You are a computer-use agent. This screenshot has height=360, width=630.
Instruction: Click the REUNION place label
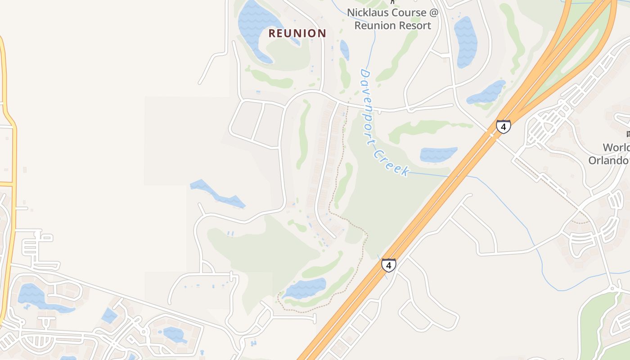(x=297, y=33)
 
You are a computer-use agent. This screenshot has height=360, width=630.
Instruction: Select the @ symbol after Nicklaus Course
(x=433, y=12)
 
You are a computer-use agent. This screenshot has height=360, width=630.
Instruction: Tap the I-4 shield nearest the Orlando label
(x=504, y=126)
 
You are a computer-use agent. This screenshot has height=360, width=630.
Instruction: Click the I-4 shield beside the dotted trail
(x=389, y=265)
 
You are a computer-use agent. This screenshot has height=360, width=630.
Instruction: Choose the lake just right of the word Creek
(x=438, y=154)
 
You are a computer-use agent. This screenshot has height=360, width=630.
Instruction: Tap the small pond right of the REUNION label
(x=344, y=49)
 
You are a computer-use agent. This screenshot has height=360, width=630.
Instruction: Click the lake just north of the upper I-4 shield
(x=487, y=92)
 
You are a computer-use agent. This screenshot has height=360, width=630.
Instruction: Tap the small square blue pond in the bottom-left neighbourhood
(x=109, y=315)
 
